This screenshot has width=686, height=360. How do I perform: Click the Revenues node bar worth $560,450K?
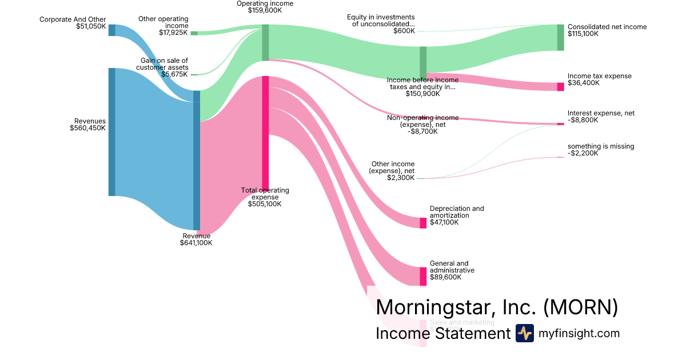pyautogui.click(x=112, y=131)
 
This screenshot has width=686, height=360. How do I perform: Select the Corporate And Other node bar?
pyautogui.click(x=112, y=30)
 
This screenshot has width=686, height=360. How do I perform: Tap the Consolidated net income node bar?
pyautogui.click(x=560, y=38)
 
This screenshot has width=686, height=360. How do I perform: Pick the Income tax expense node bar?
pyautogui.click(x=560, y=87)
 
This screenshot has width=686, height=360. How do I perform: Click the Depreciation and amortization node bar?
pyautogui.click(x=423, y=223)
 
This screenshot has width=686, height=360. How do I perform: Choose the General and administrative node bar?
pyautogui.click(x=423, y=277)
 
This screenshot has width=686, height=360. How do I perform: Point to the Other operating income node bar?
pyautogui.click(x=194, y=33)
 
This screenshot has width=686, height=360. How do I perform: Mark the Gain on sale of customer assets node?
pyautogui.click(x=194, y=74)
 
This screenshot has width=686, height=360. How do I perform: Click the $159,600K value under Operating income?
pyautogui.click(x=265, y=10)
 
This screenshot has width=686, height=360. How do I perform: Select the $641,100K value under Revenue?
pyautogui.click(x=196, y=243)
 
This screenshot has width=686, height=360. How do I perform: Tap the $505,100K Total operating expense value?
pyautogui.click(x=265, y=204)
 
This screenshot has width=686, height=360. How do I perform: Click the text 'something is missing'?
pyautogui.click(x=601, y=146)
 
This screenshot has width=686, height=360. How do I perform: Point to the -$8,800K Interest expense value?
pyautogui.click(x=583, y=121)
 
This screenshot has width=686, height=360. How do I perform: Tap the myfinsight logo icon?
pyautogui.click(x=524, y=333)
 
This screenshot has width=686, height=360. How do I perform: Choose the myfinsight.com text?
pyautogui.click(x=579, y=334)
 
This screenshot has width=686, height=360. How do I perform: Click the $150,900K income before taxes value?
pyautogui.click(x=422, y=94)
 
